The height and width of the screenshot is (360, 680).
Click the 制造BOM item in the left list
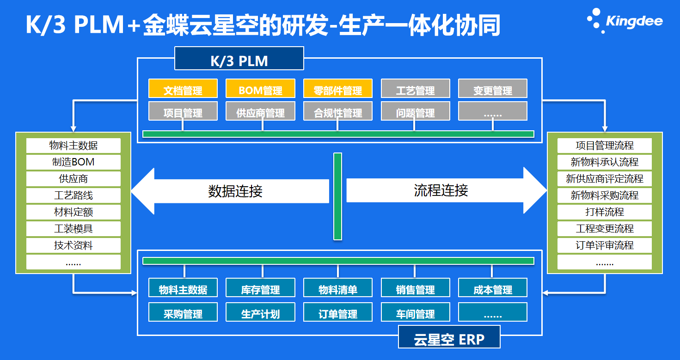[x=74, y=162]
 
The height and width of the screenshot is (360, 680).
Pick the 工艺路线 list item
[x=74, y=195]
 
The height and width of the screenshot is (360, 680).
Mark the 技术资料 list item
[x=74, y=245]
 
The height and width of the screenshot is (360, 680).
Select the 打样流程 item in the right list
[x=604, y=212]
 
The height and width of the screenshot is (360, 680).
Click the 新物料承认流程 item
[x=604, y=162]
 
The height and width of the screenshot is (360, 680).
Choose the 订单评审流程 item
[x=604, y=245]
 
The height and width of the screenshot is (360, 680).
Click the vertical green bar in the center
[x=337, y=196]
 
